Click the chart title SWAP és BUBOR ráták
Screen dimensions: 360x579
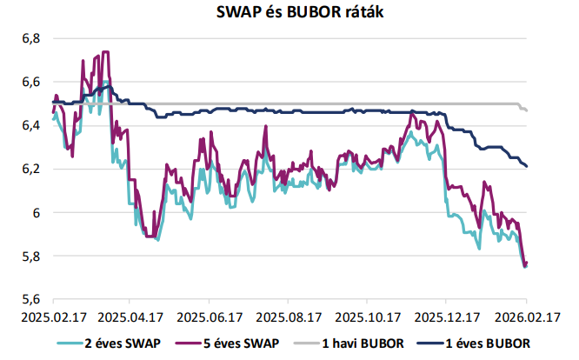(x=289, y=12)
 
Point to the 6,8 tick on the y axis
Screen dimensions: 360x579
(x=30, y=38)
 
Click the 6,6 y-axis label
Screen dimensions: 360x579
(x=30, y=82)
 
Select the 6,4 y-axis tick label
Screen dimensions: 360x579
(x=30, y=125)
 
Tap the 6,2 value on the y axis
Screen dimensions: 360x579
(x=30, y=169)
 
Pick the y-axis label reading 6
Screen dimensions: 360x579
(x=36, y=212)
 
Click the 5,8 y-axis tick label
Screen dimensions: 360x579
(x=30, y=256)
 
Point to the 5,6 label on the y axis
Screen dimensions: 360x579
(x=30, y=299)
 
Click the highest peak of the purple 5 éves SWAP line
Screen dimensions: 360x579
(x=105, y=52)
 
